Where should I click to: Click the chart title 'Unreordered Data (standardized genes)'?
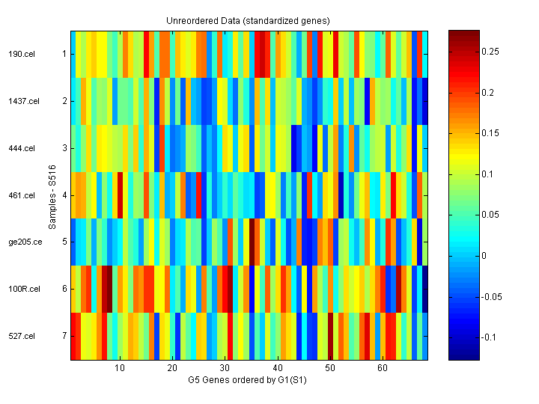click(x=248, y=20)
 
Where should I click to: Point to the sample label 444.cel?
click(x=22, y=148)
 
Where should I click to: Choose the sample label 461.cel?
click(x=22, y=195)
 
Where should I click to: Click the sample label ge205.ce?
click(x=24, y=242)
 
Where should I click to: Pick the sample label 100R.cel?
click(x=24, y=289)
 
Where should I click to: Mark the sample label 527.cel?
click(x=22, y=336)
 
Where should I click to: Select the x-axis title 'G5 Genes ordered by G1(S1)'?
click(x=248, y=379)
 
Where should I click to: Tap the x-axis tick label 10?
click(x=119, y=368)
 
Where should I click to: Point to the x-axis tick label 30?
click(x=225, y=368)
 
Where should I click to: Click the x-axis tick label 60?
click(x=383, y=368)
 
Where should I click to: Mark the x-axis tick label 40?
click(x=277, y=368)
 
